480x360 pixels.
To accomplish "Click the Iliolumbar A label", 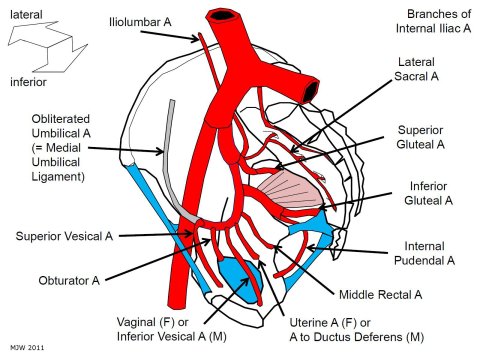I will [141, 21].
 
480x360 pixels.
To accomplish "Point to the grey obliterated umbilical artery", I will [172, 160].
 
